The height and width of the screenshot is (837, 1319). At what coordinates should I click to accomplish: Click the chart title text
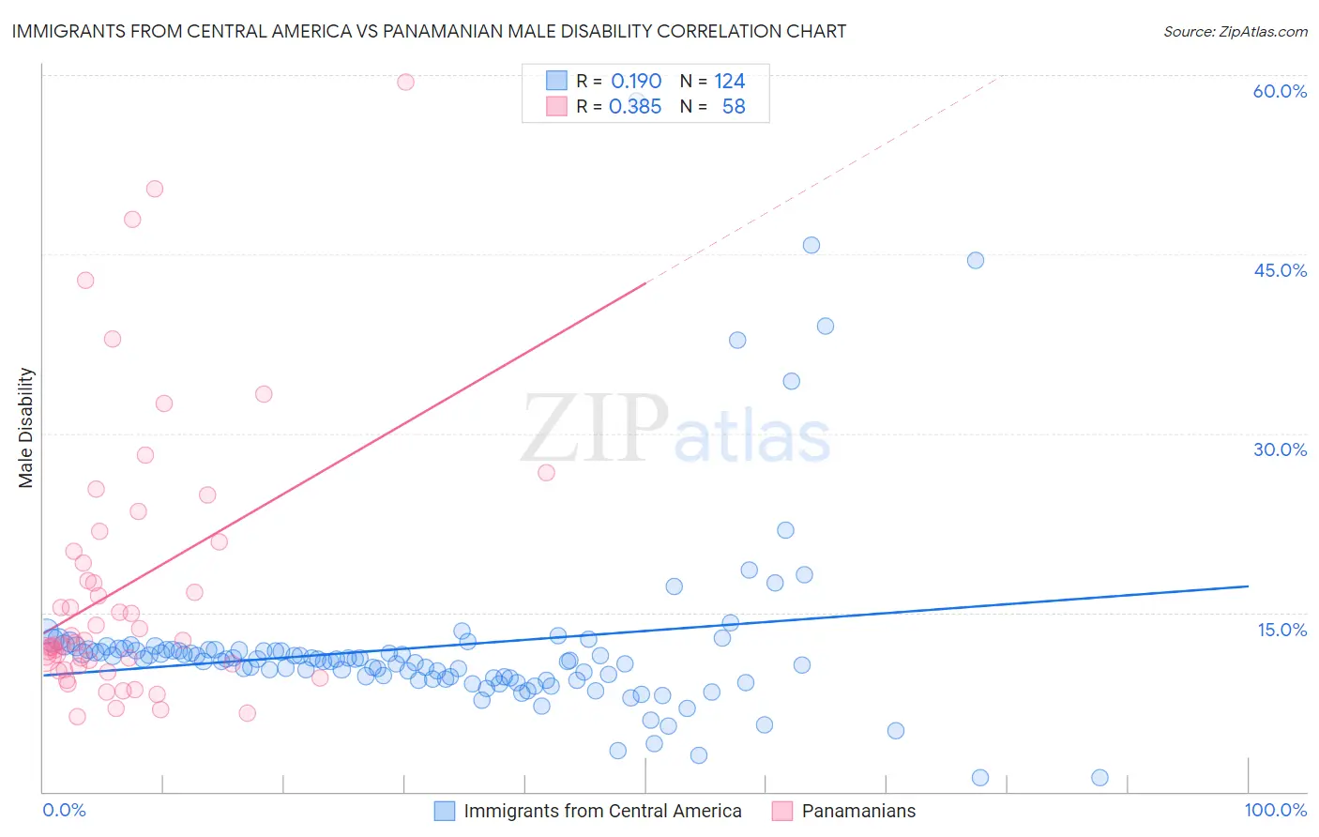click(429, 31)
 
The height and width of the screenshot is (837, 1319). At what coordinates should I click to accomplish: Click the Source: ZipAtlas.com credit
click(1235, 31)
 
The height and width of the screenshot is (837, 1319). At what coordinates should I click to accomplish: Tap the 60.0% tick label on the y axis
click(1280, 91)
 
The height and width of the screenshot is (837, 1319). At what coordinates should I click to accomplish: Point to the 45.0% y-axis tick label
click(1280, 270)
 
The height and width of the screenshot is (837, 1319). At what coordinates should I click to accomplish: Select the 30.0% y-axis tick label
click(1280, 449)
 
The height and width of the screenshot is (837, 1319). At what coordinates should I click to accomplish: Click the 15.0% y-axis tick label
click(1281, 630)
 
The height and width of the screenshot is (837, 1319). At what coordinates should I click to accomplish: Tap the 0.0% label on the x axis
click(64, 810)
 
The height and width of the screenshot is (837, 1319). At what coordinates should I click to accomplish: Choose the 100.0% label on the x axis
click(1275, 810)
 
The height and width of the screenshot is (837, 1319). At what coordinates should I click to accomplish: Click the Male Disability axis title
click(26, 427)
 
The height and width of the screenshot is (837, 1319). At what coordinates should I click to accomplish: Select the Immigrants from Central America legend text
click(602, 811)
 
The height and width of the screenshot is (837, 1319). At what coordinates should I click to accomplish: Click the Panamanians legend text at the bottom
click(858, 811)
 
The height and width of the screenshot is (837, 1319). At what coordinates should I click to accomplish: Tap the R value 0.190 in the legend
click(636, 81)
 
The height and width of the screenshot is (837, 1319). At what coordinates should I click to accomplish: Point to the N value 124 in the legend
click(729, 81)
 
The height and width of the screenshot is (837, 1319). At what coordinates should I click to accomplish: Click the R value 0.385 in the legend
click(635, 107)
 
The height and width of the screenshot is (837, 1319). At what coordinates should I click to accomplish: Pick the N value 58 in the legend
click(734, 107)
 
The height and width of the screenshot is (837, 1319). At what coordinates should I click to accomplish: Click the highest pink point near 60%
click(405, 82)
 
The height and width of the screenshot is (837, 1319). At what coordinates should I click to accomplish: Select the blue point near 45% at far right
click(976, 260)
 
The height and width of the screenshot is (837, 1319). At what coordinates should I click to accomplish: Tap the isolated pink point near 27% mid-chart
click(546, 472)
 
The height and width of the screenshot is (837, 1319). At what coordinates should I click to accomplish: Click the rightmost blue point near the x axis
click(1100, 777)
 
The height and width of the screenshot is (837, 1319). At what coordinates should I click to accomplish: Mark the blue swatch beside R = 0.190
click(556, 81)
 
